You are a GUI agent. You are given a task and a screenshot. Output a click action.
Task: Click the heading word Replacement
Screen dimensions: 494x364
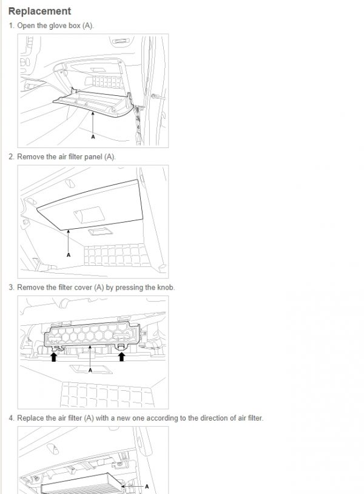click(39, 11)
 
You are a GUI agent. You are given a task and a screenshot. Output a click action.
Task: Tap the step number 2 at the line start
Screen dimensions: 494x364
click(11, 157)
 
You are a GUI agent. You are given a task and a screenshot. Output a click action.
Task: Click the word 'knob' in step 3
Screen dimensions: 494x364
click(164, 287)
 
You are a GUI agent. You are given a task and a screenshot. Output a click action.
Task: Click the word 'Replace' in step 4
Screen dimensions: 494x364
click(30, 418)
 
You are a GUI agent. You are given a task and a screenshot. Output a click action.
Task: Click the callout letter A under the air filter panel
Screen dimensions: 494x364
click(69, 255)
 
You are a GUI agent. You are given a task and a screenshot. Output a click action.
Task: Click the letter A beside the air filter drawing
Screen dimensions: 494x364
click(147, 486)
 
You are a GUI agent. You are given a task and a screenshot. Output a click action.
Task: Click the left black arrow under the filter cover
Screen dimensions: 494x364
click(53, 357)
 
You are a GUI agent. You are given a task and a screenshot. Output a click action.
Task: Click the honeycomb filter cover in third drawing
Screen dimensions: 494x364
click(91, 336)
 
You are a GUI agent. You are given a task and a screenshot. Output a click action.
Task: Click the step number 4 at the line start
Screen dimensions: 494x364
click(11, 418)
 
